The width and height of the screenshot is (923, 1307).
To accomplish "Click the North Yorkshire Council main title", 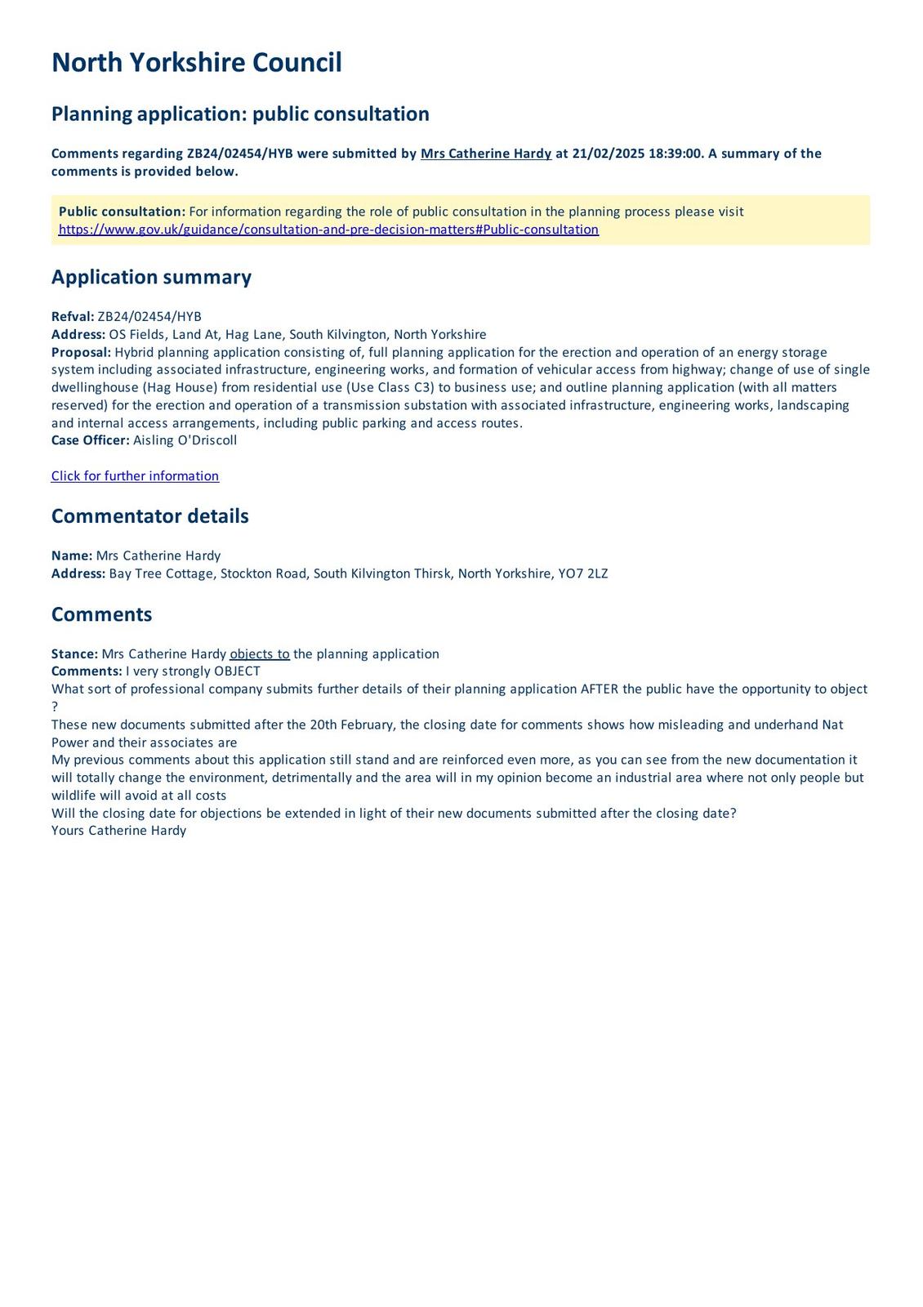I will (196, 63).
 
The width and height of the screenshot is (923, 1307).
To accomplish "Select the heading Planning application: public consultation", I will (240, 114).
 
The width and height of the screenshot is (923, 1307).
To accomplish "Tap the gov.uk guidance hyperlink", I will (328, 230).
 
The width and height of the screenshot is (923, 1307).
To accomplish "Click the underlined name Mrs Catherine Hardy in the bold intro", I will (486, 154).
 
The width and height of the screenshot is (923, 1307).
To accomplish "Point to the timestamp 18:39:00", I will (675, 154).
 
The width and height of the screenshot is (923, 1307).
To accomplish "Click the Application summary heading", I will (151, 277).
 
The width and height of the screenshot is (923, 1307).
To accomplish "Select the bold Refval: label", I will (73, 317).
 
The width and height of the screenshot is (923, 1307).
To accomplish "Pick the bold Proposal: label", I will (81, 352).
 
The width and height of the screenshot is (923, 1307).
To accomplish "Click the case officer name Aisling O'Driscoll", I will (185, 440).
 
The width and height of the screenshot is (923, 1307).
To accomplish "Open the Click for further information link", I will (135, 476).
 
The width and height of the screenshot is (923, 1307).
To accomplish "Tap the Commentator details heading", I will (149, 516).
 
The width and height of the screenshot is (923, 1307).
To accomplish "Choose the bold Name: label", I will (72, 555).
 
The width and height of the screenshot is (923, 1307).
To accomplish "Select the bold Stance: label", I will (74, 653).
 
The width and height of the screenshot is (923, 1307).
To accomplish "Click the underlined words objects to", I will (260, 653).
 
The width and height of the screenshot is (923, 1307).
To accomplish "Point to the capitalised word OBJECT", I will (237, 671).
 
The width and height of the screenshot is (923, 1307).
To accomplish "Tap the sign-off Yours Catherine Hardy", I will (118, 831).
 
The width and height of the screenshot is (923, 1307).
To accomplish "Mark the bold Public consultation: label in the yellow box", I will (122, 212).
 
